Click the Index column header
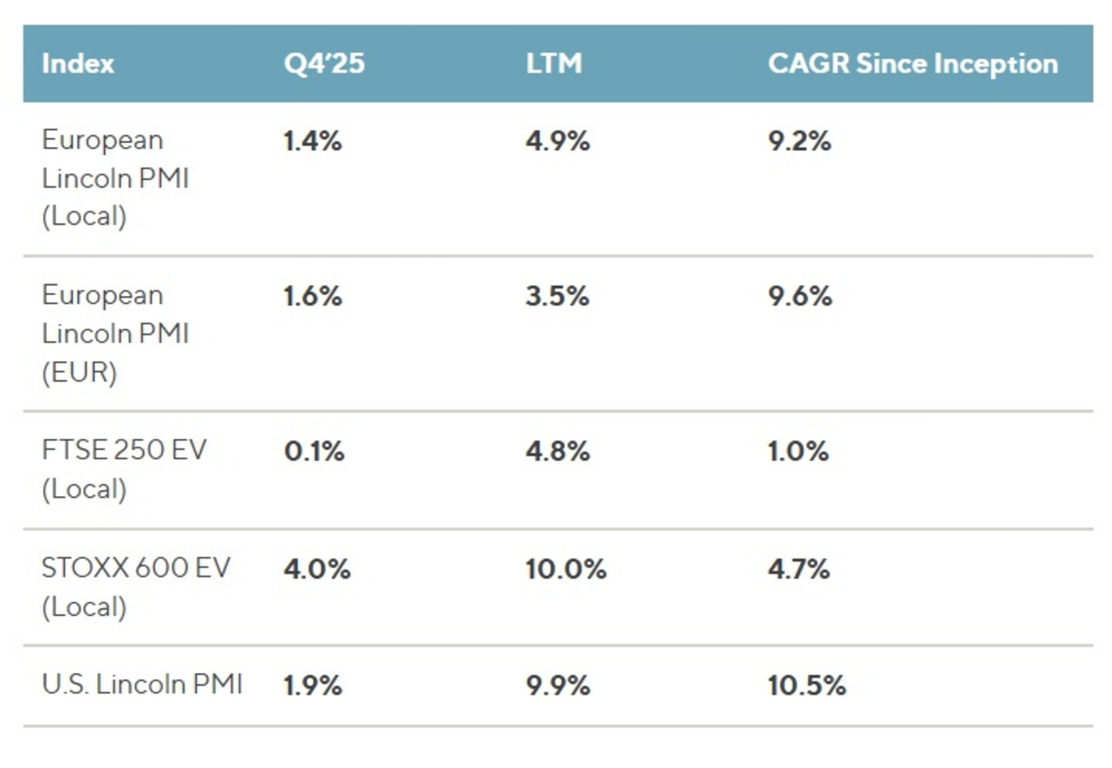[78, 63]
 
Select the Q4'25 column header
[324, 63]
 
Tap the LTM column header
[554, 63]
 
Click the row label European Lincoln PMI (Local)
[115, 178]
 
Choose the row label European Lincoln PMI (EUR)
[115, 333]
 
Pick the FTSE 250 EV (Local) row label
[124, 470]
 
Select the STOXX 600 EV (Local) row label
[136, 587]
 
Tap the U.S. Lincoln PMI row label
[142, 684]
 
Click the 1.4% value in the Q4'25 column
[313, 141]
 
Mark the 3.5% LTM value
[558, 296]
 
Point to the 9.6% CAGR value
[800, 296]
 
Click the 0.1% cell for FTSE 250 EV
[314, 451]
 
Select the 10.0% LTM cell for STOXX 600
[566, 569]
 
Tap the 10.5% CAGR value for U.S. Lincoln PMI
[807, 685]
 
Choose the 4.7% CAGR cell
[798, 569]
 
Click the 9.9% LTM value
[558, 685]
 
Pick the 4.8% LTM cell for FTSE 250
[558, 451]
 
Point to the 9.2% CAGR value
[799, 141]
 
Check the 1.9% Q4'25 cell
[313, 685]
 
